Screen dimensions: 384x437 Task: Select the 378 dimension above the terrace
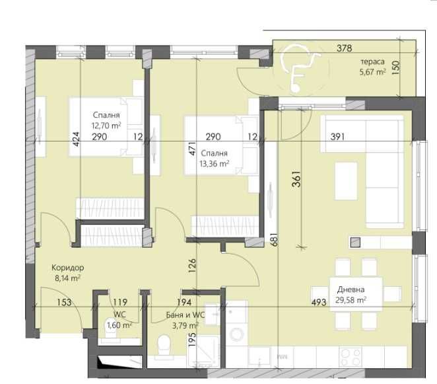point(343,48)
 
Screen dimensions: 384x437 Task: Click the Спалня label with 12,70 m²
point(106,115)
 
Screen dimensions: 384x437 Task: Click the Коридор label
point(68,268)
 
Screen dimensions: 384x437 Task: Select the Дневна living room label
point(351,289)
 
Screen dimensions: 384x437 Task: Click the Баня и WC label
point(185,315)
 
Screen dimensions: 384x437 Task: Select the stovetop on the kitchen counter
point(349,357)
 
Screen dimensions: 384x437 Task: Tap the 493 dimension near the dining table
point(320,303)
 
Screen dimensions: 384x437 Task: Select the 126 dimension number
point(192,264)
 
